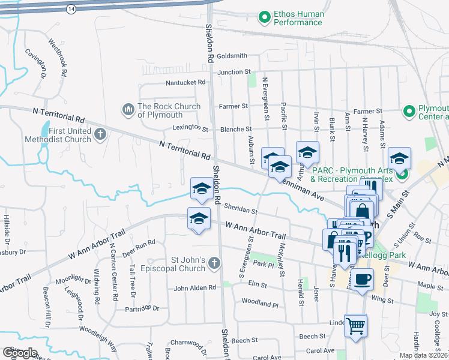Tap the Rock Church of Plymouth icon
tap(127, 110)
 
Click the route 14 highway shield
tap(71, 9)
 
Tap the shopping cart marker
tap(355, 326)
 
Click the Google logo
tap(20, 353)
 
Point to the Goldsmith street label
tap(232, 56)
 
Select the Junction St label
tap(234, 72)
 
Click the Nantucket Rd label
tap(186, 83)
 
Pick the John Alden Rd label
tap(194, 288)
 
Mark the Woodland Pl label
tap(260, 304)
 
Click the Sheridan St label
tap(240, 212)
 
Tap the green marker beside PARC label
tap(402, 175)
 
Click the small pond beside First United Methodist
tap(46, 130)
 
